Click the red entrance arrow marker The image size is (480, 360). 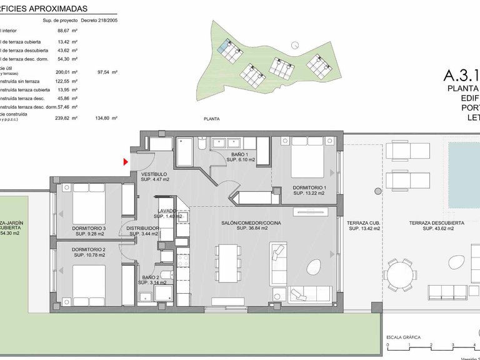click(x=126, y=162)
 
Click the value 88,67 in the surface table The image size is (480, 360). click(x=63, y=30)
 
